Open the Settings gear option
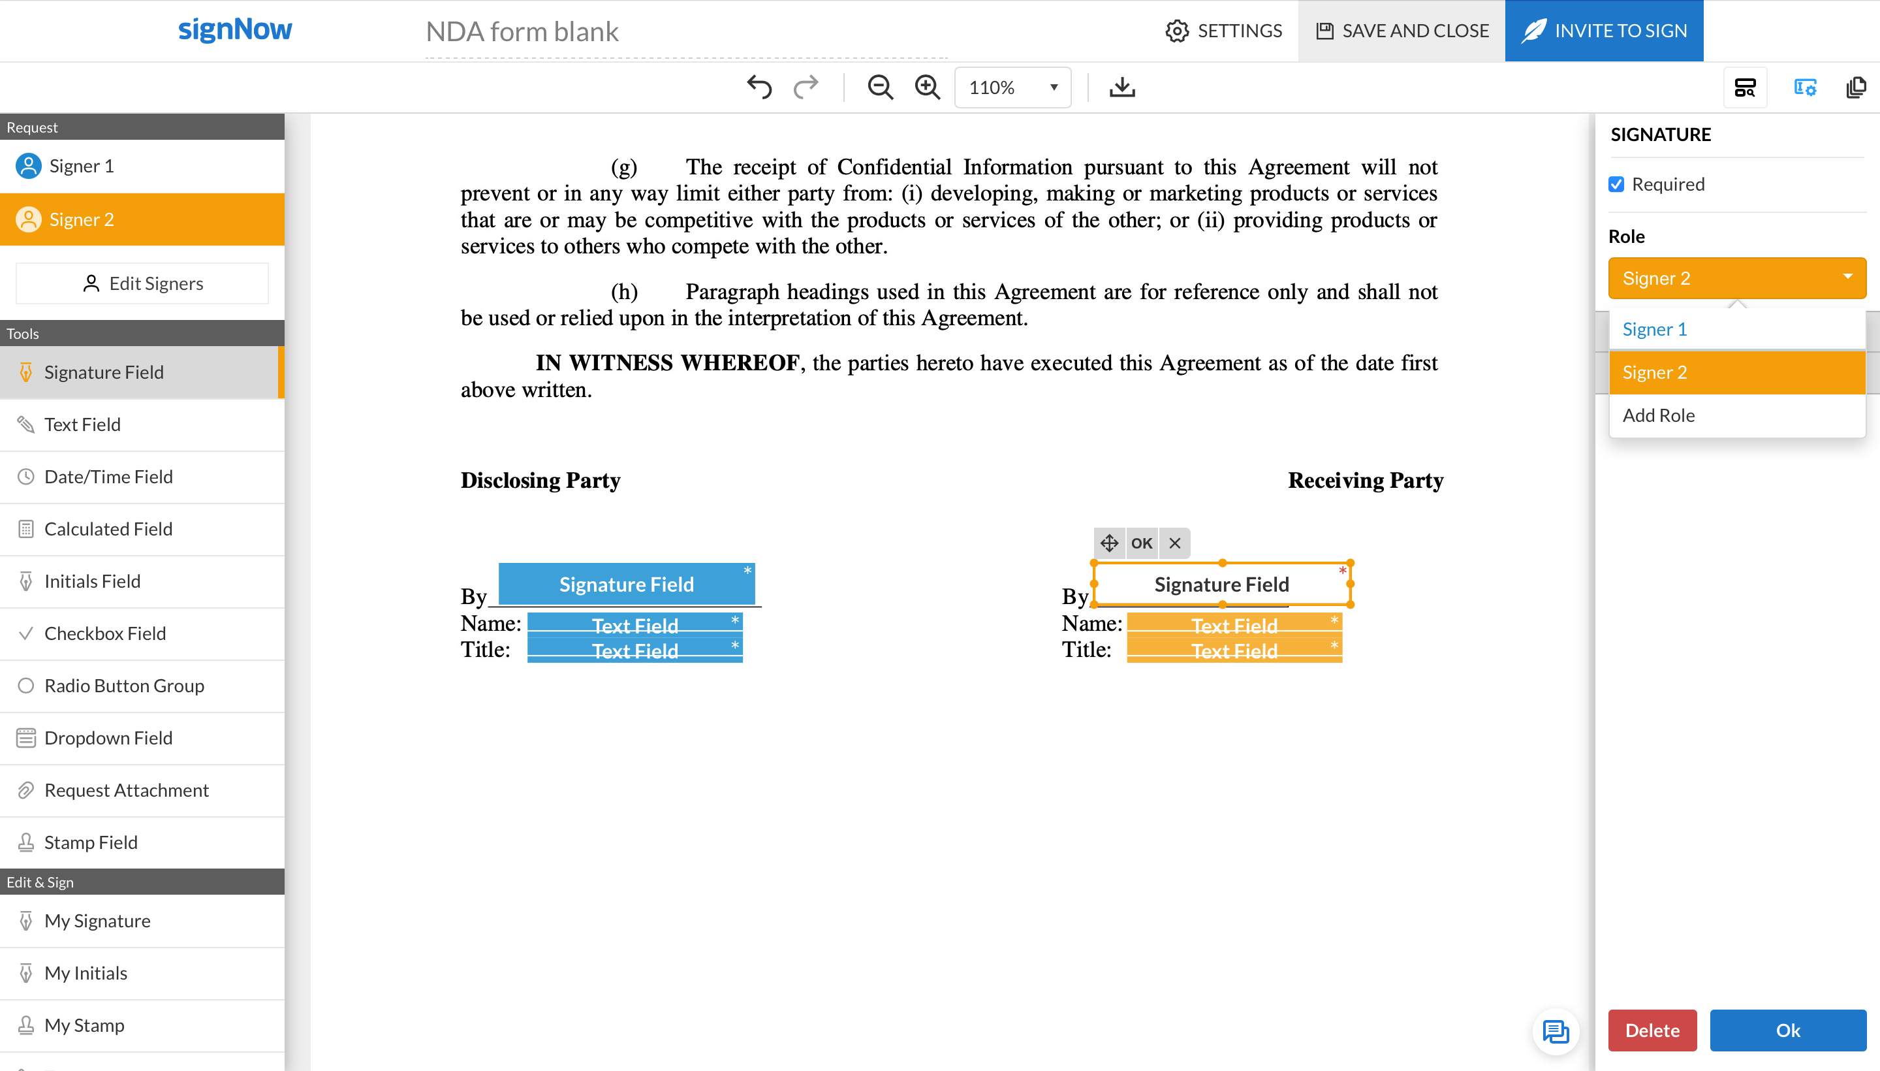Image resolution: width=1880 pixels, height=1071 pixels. point(1223,31)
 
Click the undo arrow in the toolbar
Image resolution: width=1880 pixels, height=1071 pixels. point(759,88)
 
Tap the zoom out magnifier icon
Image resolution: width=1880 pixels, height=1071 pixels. point(879,88)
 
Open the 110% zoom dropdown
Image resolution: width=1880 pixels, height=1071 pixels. point(1012,88)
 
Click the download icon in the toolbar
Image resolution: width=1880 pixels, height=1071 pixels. point(1121,88)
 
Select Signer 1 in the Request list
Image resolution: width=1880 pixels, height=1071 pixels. point(81,167)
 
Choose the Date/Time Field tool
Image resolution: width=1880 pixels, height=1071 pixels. point(108,477)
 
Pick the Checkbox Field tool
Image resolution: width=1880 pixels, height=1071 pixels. point(104,633)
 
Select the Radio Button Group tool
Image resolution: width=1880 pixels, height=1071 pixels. point(123,686)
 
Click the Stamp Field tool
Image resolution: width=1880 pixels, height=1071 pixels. point(91,842)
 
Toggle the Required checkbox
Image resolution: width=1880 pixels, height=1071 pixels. point(1616,185)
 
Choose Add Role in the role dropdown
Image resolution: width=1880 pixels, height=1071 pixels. point(1659,415)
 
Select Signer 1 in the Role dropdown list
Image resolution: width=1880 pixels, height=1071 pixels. point(1654,330)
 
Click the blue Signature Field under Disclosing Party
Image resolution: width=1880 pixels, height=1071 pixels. point(627,584)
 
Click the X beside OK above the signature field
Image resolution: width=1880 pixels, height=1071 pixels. point(1175,543)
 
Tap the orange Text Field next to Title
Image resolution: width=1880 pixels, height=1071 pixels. point(1234,651)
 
